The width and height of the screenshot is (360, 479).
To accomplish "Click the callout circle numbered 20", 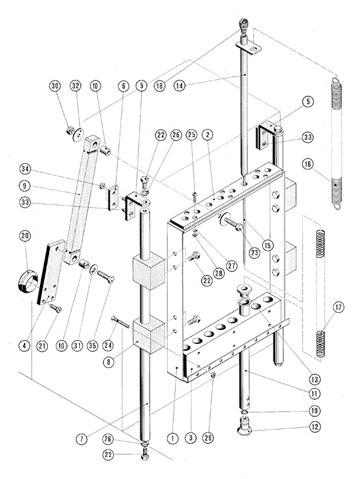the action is pyautogui.click(x=25, y=236).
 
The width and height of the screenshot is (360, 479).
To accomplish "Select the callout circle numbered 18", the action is pyautogui.click(x=159, y=86).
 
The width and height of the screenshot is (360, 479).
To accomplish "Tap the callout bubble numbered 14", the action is pyautogui.click(x=180, y=86).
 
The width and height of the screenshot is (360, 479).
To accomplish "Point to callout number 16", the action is pyautogui.click(x=307, y=164).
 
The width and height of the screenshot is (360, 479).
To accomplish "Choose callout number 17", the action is pyautogui.click(x=338, y=307).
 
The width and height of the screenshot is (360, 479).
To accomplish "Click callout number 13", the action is pyautogui.click(x=315, y=380).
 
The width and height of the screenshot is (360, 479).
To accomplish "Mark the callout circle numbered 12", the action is pyautogui.click(x=315, y=426).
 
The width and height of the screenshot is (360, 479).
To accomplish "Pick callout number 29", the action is pyautogui.click(x=208, y=438).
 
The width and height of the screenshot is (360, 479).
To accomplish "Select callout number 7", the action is pyautogui.click(x=82, y=439).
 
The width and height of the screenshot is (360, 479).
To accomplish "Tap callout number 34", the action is pyautogui.click(x=25, y=169).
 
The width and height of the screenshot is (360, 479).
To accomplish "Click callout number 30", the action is pyautogui.click(x=55, y=86).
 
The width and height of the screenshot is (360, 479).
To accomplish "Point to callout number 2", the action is pyautogui.click(x=208, y=134).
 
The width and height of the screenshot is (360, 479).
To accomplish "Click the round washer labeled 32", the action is pyautogui.click(x=79, y=134).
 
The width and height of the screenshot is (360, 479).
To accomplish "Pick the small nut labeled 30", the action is pyautogui.click(x=69, y=130).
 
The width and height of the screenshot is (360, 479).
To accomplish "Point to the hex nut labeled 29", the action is pyautogui.click(x=214, y=375).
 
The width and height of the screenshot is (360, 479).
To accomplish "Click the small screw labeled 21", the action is pyautogui.click(x=55, y=308).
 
